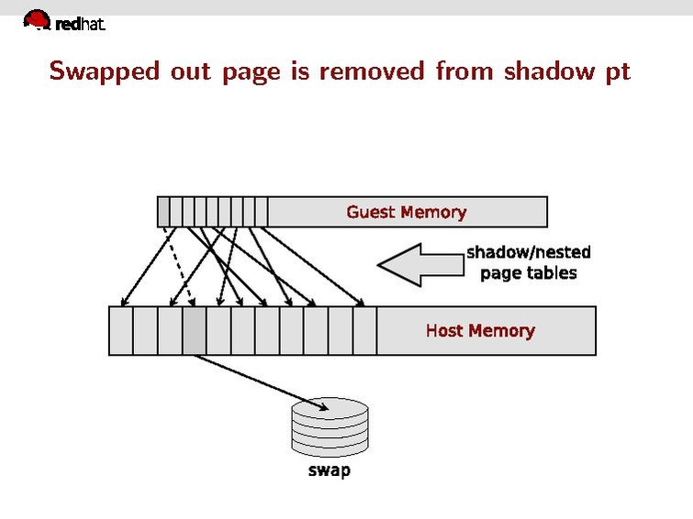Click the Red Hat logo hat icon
[37, 19]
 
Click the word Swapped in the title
[105, 71]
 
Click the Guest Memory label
[406, 212]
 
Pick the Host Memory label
[479, 330]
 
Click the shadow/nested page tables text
[528, 262]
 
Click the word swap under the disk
[328, 471]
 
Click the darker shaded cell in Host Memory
[194, 331]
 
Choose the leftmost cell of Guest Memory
[163, 212]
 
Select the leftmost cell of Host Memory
[120, 331]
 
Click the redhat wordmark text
[80, 25]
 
